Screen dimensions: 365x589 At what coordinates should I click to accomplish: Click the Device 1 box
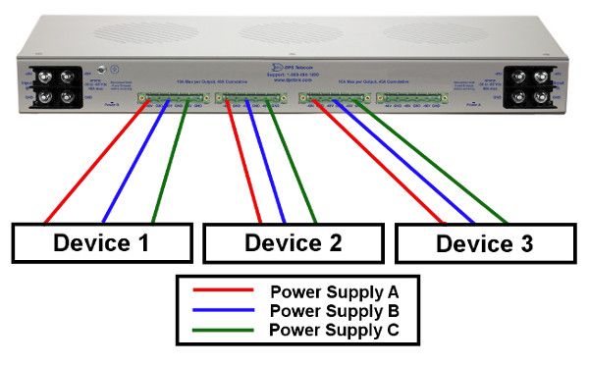tap(101, 241)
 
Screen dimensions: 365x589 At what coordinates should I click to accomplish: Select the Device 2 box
tap(293, 241)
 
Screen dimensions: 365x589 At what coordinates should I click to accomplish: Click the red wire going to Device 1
tap(98, 163)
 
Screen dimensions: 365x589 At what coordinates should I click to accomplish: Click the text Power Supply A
tap(334, 292)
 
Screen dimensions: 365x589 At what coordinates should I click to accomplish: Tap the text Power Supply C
tap(334, 330)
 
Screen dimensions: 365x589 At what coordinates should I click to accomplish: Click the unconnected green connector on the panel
tap(406, 98)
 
